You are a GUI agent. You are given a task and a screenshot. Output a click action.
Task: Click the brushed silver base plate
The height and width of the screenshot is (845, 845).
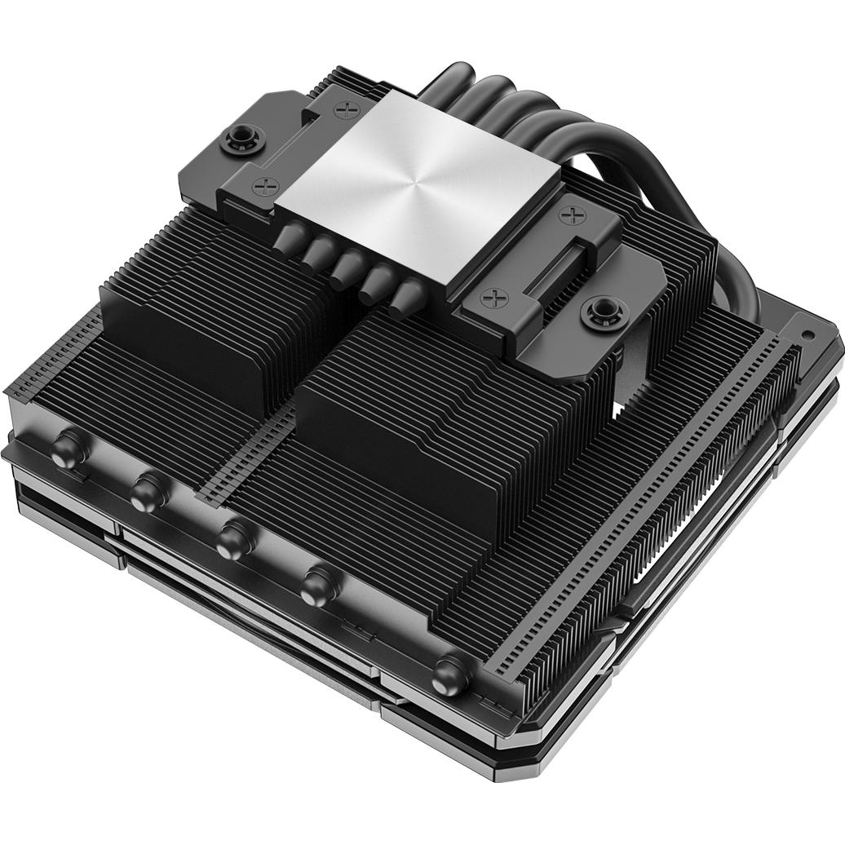[417, 188]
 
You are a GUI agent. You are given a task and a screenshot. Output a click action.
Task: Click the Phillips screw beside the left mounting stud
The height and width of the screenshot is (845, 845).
[266, 186]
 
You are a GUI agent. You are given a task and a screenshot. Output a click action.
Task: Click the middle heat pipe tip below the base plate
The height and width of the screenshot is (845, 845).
[349, 265]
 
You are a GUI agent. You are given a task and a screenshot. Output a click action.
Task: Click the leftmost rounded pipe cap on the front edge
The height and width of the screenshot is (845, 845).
[69, 448]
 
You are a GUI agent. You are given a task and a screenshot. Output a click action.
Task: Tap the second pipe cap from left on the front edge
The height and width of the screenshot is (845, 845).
[149, 491]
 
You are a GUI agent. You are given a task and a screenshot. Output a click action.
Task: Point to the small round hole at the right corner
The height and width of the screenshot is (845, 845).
[808, 334]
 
